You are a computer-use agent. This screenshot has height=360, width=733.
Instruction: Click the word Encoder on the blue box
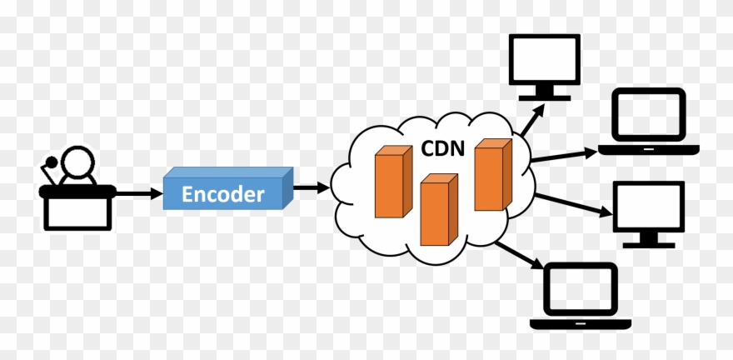(x=223, y=194)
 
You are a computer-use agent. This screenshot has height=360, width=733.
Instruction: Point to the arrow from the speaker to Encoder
(x=137, y=194)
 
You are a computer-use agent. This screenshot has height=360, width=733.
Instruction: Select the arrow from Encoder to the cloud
(x=311, y=187)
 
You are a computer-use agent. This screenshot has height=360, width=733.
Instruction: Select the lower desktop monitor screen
(x=648, y=207)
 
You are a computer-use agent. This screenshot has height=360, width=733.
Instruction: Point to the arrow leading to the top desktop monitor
(x=528, y=122)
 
